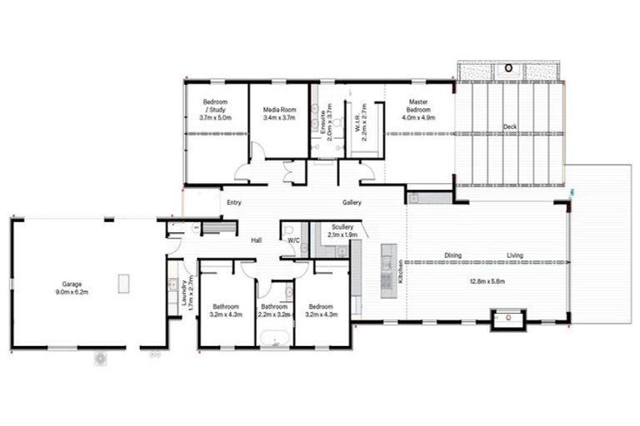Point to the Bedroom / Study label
click(217, 106)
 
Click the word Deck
click(509, 127)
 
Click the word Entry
click(233, 203)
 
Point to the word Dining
click(452, 256)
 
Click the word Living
click(517, 256)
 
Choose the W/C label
click(292, 240)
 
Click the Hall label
click(257, 240)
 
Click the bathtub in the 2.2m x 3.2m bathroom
click(274, 338)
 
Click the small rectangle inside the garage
click(125, 283)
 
